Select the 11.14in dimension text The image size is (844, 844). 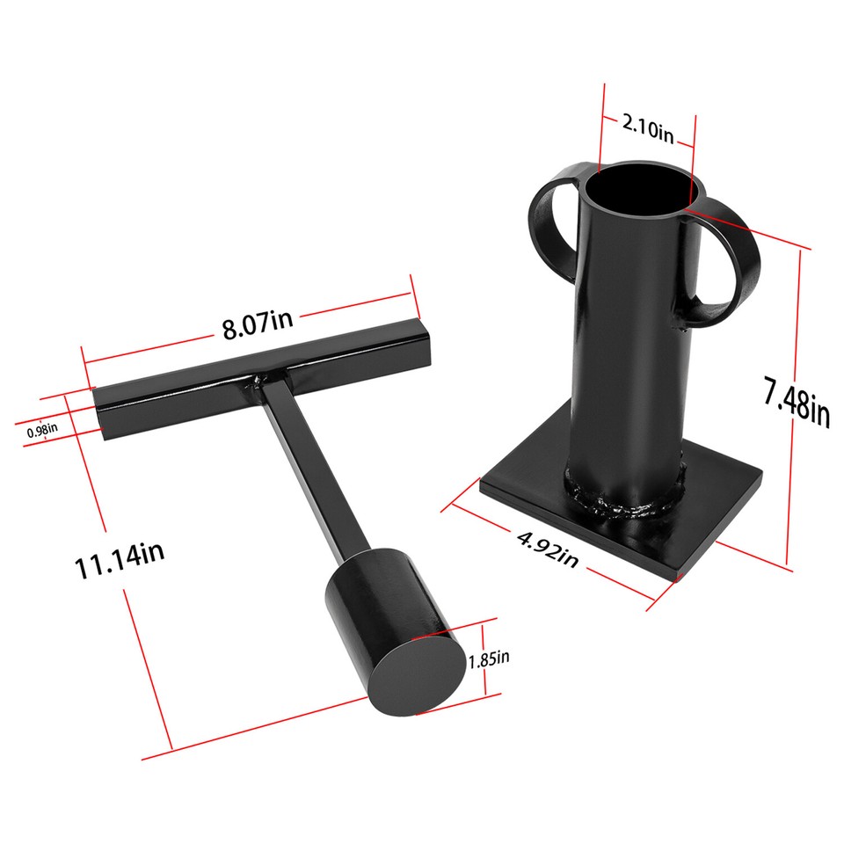tap(119, 561)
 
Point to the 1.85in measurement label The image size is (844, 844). tap(489, 658)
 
